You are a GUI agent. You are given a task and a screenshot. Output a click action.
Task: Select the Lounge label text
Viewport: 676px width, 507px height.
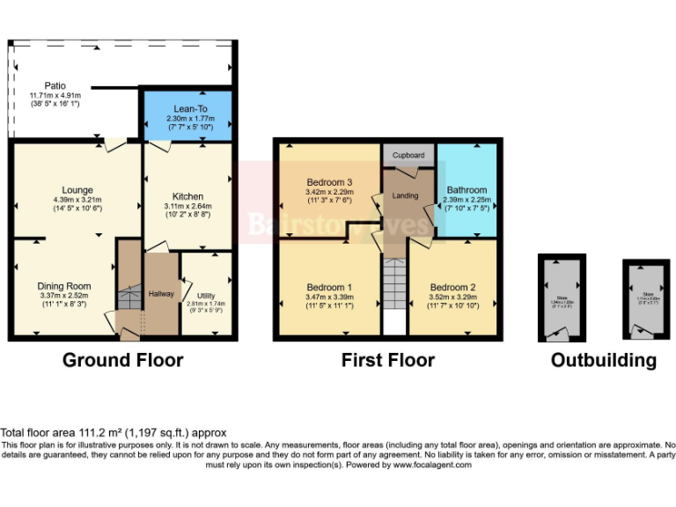coord(77,189)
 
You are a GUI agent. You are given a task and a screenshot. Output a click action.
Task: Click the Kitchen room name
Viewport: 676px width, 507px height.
coord(187,196)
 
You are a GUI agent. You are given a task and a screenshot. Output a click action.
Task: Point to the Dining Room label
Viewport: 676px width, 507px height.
coord(63,286)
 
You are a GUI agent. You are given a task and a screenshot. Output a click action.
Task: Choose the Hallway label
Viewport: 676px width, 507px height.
coord(161,294)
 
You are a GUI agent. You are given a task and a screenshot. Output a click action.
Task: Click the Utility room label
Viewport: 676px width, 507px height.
coord(206,295)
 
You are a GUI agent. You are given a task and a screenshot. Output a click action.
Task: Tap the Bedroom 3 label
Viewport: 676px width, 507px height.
coord(329,182)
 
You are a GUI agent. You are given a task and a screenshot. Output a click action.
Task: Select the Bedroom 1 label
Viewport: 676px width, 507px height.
coord(329,288)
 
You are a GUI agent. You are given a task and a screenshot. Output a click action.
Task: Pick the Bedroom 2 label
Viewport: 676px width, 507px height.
coord(452,288)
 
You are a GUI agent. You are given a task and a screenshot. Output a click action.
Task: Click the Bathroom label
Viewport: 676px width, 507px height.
coord(467,189)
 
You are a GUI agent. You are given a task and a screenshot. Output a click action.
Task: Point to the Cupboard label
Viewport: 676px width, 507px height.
coord(408,155)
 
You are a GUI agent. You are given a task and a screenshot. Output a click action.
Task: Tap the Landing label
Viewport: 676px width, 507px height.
coord(406,195)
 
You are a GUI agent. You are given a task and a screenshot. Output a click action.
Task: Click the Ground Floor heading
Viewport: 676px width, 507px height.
coord(122,360)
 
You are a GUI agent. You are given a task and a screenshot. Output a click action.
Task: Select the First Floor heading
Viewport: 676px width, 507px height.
coord(388,360)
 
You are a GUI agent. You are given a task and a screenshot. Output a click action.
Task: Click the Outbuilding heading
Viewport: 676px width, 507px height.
coord(604,360)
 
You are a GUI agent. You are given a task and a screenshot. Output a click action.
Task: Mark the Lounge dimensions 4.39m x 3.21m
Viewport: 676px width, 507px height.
coord(77,200)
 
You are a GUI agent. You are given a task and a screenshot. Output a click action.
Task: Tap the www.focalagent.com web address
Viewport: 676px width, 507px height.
coord(432,465)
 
